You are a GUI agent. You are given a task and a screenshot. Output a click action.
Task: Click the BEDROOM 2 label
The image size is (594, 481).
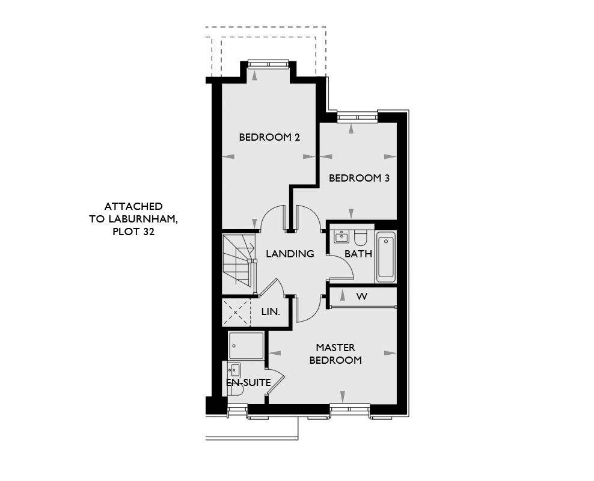tap(269, 137)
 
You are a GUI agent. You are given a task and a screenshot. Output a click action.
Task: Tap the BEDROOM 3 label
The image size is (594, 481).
tap(359, 178)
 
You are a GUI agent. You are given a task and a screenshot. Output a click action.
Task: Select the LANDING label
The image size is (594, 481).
tap(290, 254)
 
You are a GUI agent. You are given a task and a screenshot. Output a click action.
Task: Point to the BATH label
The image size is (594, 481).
tap(358, 254)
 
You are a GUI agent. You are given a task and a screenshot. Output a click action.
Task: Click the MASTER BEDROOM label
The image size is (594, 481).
tap(335, 354)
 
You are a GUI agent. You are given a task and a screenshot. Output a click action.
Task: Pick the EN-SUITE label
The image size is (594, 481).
tap(248, 382)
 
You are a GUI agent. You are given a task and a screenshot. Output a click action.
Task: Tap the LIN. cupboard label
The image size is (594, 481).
tap(271, 312)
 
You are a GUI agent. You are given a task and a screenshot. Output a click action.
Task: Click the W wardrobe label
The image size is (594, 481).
tap(362, 296)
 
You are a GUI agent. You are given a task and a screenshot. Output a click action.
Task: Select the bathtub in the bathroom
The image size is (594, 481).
tap(386, 256)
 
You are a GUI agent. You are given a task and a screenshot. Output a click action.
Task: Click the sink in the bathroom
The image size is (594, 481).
tap(341, 236)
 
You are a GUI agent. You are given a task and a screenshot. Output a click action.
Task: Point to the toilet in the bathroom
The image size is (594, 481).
tap(360, 237)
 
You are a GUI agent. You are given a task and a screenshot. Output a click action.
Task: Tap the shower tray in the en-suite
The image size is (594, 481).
tap(246, 346)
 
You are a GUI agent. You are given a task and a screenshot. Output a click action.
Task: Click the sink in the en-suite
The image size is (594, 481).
tap(234, 369)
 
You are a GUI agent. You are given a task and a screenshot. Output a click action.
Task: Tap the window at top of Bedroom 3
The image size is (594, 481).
tap(358, 117)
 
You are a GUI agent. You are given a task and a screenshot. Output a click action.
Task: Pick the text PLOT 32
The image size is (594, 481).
tap(133, 232)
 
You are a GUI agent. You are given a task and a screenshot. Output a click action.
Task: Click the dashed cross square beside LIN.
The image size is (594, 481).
tap(236, 313)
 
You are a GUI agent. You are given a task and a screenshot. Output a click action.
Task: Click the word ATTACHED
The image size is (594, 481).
tap(133, 206)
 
